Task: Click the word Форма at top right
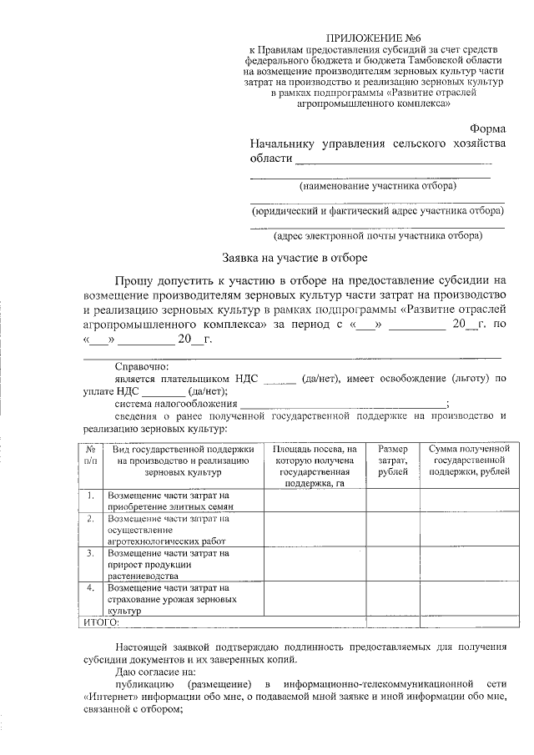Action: tap(486, 129)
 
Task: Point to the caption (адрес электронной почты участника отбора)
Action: tap(378, 235)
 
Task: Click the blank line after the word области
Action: tap(394, 159)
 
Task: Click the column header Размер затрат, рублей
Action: tap(392, 461)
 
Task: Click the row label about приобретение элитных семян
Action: tap(172, 500)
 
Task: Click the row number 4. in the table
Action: tap(90, 588)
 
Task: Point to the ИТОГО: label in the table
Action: tap(103, 622)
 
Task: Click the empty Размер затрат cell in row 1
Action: tap(392, 500)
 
